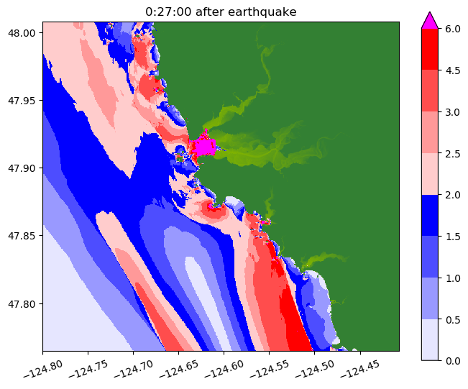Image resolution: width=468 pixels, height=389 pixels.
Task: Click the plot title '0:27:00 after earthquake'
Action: click(221, 12)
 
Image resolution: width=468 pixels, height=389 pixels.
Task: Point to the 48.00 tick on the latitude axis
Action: click(24, 32)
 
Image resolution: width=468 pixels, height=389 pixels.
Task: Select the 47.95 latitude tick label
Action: click(24, 100)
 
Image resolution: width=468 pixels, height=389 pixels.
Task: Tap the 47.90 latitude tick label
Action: click(24, 168)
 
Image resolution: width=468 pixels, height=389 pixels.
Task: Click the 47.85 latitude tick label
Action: click(24, 236)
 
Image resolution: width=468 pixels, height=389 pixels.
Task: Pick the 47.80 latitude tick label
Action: click(24, 303)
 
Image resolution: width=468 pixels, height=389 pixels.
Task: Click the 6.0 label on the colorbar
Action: click(452, 29)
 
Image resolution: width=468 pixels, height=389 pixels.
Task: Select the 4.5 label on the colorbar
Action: click(452, 70)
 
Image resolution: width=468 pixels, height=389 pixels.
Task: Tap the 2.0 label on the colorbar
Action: click(452, 194)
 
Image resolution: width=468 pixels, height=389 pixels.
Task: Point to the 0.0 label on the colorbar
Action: click(452, 360)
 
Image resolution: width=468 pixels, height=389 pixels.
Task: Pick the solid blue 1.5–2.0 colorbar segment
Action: click(429, 215)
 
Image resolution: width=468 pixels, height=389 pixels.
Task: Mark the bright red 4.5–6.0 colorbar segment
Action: click(429, 50)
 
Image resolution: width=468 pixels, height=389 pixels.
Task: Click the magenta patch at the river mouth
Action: click(205, 147)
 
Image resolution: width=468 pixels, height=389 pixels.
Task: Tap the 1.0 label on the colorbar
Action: click(452, 277)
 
